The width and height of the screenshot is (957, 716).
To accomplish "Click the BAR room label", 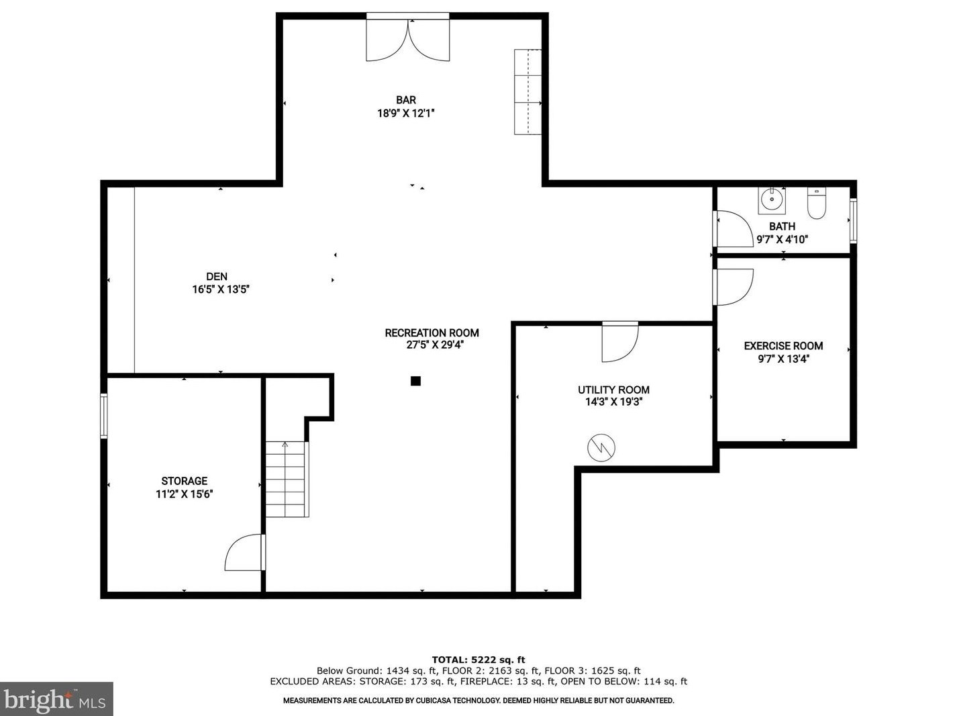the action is [x=405, y=100].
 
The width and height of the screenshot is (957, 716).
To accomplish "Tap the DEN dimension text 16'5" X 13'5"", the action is [x=221, y=289].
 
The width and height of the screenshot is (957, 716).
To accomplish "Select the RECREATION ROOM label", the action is [x=432, y=333].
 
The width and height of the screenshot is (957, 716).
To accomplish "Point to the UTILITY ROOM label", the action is [x=613, y=390].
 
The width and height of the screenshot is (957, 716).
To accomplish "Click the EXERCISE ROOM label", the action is [x=783, y=346].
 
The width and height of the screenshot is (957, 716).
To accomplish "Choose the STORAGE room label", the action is [x=185, y=481].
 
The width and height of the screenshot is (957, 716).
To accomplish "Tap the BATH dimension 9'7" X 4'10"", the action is [x=782, y=239].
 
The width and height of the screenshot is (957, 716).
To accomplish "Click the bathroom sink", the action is [x=772, y=201].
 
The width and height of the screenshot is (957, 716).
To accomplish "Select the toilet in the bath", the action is [x=816, y=203].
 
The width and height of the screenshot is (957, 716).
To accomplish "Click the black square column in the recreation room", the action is [x=415, y=381].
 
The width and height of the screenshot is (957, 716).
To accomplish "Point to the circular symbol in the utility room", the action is [x=601, y=447].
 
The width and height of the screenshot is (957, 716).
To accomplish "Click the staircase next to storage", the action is [x=286, y=479].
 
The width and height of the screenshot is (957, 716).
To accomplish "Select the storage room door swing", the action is [x=244, y=552].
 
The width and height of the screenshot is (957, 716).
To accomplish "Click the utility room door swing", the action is [x=620, y=343].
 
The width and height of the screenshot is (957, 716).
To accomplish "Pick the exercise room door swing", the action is [x=734, y=287].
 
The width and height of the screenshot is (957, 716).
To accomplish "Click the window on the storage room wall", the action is [x=104, y=416].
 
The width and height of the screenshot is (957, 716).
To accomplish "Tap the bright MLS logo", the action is [x=56, y=699].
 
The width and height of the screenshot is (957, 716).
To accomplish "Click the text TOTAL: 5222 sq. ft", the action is [x=479, y=660].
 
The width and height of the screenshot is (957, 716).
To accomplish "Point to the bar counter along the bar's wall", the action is [x=527, y=91].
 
